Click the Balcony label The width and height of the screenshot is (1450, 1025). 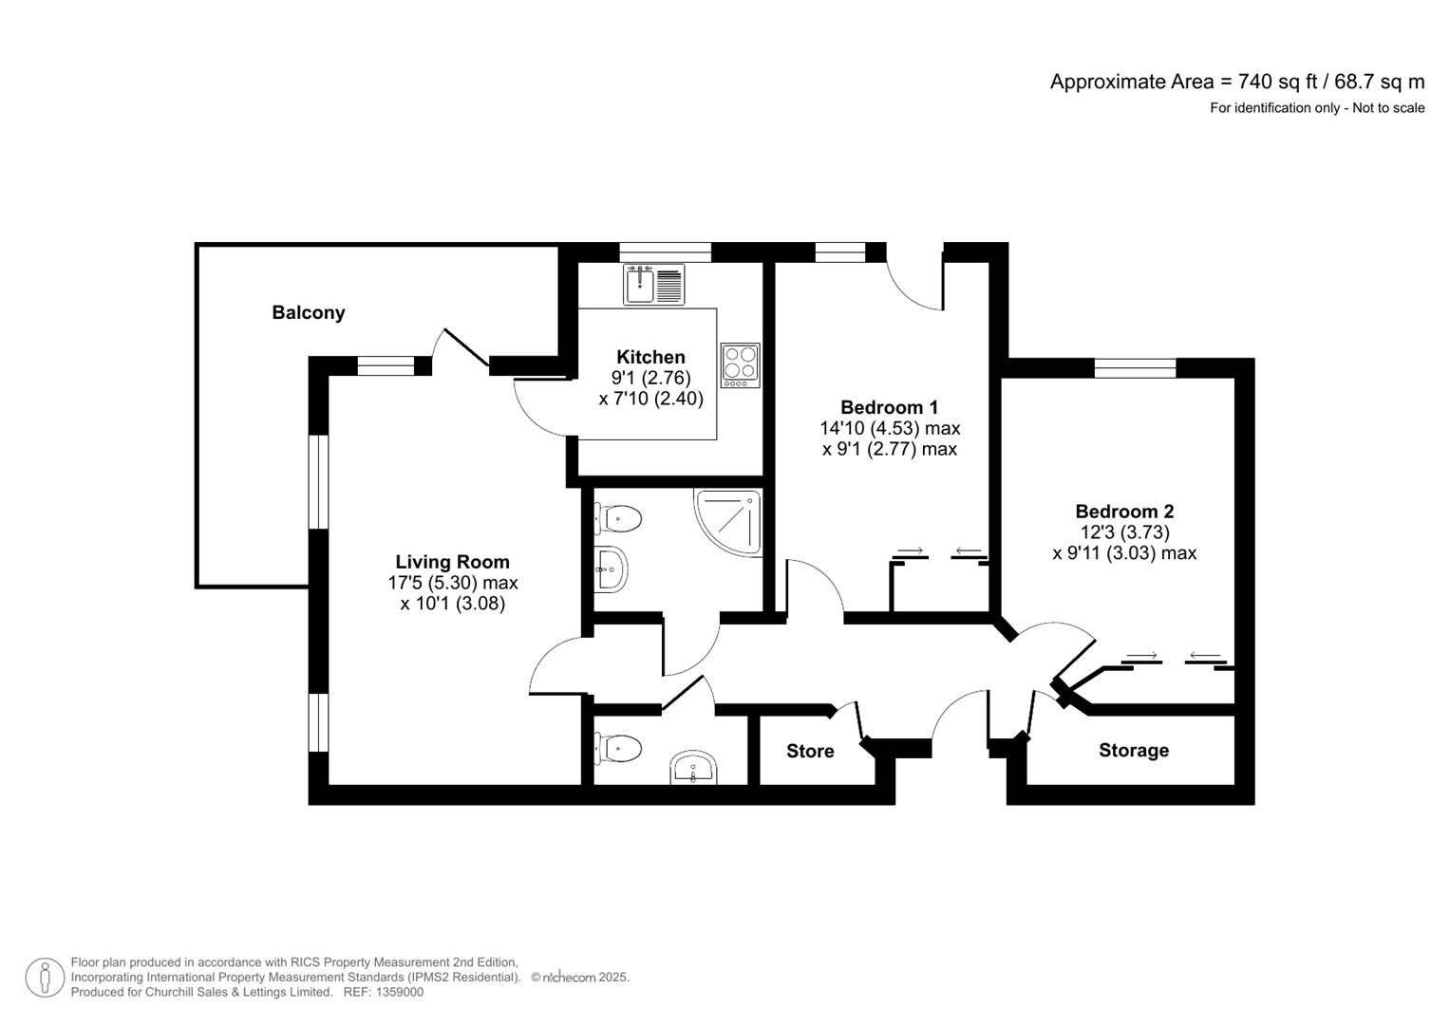point(308,312)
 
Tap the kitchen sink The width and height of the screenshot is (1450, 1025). point(654,284)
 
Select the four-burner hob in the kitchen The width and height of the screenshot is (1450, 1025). point(741,365)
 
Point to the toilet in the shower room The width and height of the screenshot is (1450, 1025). point(618,519)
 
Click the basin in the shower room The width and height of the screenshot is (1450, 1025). point(611,569)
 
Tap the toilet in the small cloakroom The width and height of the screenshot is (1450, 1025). point(618,749)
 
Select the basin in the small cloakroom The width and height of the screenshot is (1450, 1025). point(692,768)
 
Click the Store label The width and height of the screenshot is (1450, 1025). point(810,751)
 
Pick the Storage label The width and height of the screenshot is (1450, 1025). point(1134,750)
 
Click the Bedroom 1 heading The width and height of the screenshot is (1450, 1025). point(889,407)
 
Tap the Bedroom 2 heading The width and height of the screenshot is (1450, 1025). point(1124,512)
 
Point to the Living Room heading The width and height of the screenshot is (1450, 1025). point(453,562)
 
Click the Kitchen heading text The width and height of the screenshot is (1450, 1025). point(650,357)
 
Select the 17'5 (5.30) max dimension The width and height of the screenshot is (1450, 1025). point(453,583)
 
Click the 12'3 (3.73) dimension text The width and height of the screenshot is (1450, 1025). point(1124,531)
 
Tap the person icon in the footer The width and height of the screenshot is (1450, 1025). point(45,978)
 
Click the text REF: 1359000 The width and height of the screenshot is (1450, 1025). point(384,992)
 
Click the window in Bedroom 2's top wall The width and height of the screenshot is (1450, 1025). point(1135,368)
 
